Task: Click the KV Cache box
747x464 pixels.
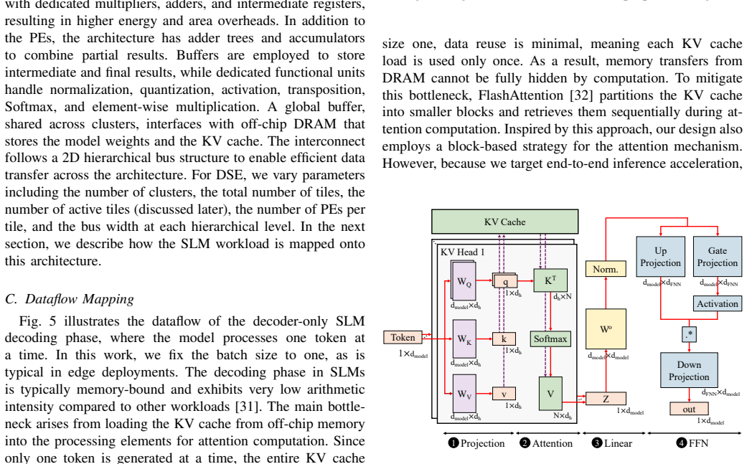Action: [x=504, y=222]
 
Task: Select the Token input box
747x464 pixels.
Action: [x=403, y=337]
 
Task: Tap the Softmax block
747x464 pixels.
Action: [x=550, y=338]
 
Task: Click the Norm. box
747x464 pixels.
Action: [x=606, y=269]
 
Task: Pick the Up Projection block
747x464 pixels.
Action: [x=660, y=257]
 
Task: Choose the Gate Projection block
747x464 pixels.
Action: [x=717, y=257]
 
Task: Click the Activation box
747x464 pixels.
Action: [x=717, y=303]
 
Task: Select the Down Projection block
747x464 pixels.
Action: [x=689, y=370]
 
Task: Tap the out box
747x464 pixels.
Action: [x=689, y=409]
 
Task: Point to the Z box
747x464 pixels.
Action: [x=606, y=399]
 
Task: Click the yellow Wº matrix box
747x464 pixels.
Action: [x=606, y=329]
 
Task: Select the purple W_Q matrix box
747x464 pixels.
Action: [x=464, y=282]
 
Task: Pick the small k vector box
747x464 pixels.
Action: [x=504, y=338]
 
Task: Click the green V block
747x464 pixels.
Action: [x=550, y=394]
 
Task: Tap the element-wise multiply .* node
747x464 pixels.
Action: [x=689, y=334]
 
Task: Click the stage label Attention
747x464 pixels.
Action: [x=552, y=443]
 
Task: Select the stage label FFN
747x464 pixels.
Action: [x=698, y=443]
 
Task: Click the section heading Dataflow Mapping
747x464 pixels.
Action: [x=80, y=299]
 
